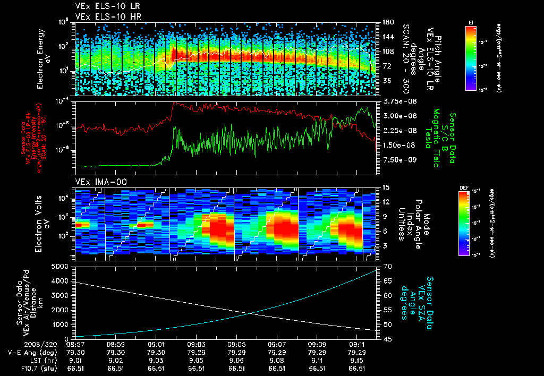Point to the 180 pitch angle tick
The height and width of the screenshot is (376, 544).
pos(387,22)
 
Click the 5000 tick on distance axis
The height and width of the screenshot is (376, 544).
pos(62,266)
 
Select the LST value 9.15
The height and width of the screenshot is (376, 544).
pos(356,360)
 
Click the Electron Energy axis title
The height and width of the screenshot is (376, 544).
pos(42,58)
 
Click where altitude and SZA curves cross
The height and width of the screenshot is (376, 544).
pos(250,313)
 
